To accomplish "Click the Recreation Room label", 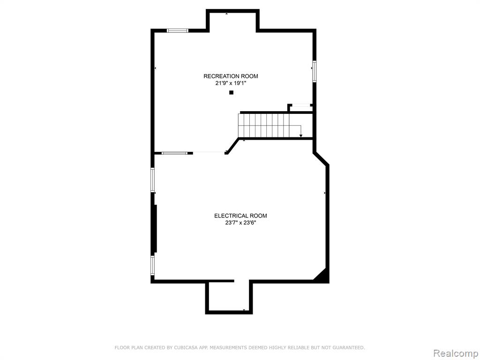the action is point(231,76).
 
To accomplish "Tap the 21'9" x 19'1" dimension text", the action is point(231,83).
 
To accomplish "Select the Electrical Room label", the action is point(240,216).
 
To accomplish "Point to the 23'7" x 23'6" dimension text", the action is point(240,223).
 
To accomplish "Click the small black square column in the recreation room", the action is point(232,92).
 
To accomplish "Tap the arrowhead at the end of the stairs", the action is point(301,135).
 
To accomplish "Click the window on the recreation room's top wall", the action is point(178,30).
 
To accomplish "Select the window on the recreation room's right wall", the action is point(314,72).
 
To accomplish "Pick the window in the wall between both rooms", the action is point(174,153).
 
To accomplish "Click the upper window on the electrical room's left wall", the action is point(152,180).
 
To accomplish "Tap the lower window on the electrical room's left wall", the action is point(152,265).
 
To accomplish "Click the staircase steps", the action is point(263,126).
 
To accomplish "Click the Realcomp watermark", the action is point(455,353).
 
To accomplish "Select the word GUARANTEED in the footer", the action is point(349,347).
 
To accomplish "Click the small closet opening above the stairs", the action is point(300,105).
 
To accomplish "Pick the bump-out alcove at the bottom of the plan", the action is point(229,297).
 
